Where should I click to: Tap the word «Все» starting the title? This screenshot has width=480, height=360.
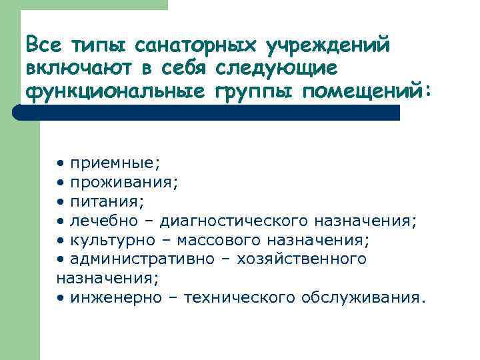[41, 45]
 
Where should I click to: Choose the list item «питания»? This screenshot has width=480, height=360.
[108, 200]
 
